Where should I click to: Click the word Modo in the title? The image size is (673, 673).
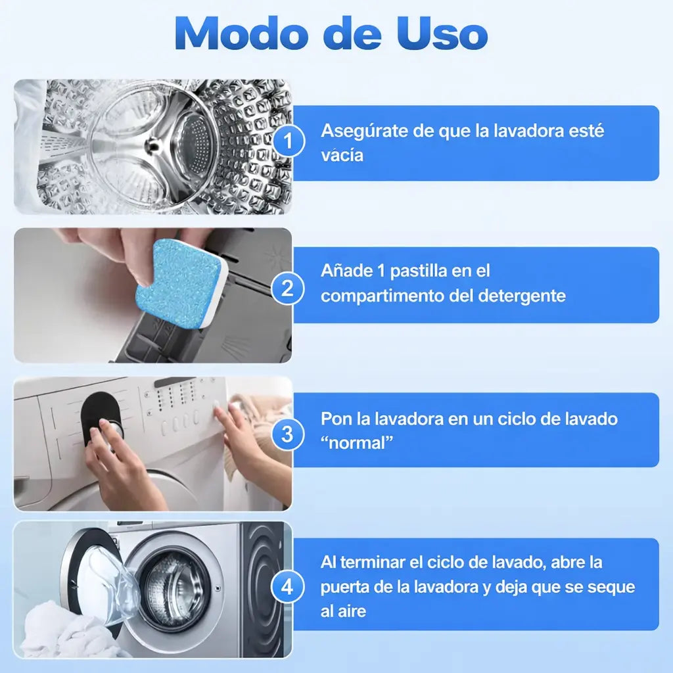[x=242, y=34]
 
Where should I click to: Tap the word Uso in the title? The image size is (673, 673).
[x=442, y=34]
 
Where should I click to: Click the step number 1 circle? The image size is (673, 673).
[x=288, y=141]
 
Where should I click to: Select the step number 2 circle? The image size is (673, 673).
[x=288, y=288]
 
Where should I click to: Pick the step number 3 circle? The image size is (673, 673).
[x=288, y=434]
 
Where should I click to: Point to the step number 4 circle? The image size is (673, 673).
[x=288, y=587]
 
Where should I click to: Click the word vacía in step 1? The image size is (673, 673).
[x=342, y=155]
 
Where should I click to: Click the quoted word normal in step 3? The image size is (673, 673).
[x=357, y=442]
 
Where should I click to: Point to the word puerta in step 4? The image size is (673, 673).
[x=344, y=587]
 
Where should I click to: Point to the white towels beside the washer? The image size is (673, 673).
[x=64, y=631]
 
